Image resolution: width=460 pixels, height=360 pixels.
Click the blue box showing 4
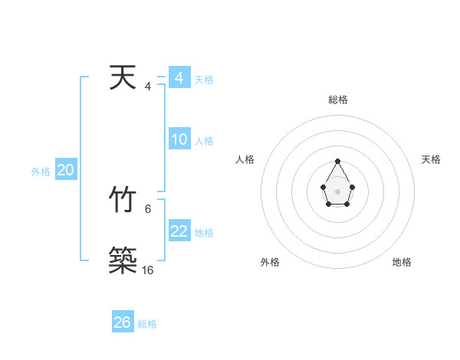tap(179, 78)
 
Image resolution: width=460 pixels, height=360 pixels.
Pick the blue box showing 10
tap(179, 139)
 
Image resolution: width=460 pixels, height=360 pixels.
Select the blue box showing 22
tap(179, 231)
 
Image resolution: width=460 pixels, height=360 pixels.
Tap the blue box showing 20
tap(65, 170)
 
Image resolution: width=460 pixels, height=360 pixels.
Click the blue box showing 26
tap(122, 322)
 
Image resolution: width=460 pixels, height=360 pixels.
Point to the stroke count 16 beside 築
tap(148, 270)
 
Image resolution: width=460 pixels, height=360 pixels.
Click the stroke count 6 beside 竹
tap(148, 208)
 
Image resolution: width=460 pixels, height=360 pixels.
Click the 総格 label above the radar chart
tap(338, 100)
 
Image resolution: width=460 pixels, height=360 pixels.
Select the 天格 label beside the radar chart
tap(432, 159)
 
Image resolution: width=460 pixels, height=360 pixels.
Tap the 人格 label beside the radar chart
tap(245, 159)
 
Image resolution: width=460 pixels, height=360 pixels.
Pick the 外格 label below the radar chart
tap(270, 262)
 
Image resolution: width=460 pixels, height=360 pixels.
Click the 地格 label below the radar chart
tap(402, 262)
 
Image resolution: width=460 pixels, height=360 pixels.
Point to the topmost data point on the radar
tap(338, 162)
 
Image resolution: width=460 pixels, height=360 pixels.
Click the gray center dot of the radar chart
tap(338, 191)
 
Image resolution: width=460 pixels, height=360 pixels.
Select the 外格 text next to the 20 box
tap(41, 172)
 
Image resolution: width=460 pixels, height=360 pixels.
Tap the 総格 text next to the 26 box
tap(147, 324)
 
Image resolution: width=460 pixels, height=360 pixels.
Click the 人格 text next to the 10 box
tap(204, 141)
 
